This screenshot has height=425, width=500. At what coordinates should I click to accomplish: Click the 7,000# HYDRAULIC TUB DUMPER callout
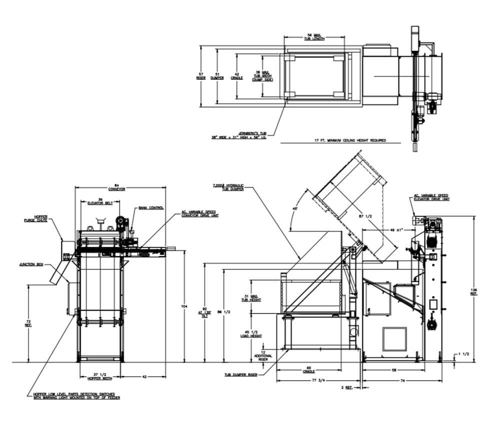(x=228, y=187)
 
